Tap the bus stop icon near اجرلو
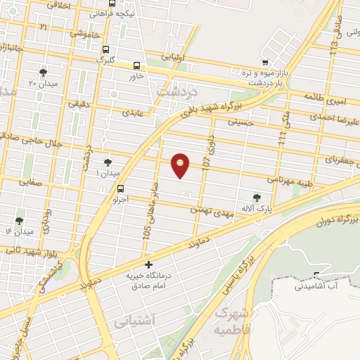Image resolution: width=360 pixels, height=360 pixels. [x=122, y=188]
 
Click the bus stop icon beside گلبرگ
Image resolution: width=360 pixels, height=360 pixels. [x=105, y=50]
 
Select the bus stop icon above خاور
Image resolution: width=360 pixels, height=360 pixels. [x=135, y=65]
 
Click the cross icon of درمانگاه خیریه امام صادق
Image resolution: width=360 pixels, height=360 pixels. [x=147, y=265]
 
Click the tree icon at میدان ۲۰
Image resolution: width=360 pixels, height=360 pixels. [x=44, y=72]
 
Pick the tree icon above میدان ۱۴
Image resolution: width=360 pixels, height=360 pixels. [x=19, y=221]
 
